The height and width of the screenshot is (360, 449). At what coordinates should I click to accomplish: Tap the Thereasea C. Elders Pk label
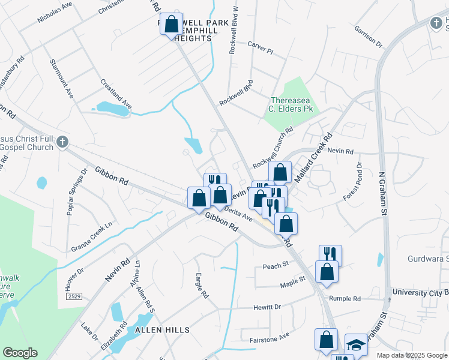coord(292,104)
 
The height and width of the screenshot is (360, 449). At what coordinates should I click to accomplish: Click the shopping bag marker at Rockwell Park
coord(171,25)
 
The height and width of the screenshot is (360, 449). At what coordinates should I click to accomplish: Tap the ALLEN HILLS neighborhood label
coord(162,330)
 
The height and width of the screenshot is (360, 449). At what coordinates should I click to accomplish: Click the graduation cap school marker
coord(356,345)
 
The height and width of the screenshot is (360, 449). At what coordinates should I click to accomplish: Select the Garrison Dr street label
coord(368,36)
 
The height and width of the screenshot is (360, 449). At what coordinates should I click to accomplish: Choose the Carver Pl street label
coord(261,47)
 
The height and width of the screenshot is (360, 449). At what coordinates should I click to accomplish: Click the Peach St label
coord(276,265)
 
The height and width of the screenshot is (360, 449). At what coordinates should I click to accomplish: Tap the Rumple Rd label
coord(345,298)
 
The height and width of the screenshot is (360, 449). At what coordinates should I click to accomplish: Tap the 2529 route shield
coord(73,297)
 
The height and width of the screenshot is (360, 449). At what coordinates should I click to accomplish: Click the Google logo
coord(20,353)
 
